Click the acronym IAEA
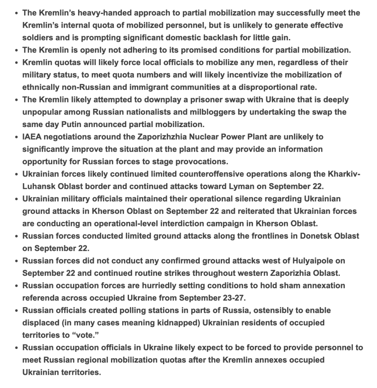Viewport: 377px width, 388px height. [33, 137]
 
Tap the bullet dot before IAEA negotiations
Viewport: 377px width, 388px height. [16, 137]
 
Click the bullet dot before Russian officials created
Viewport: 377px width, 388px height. [16, 311]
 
